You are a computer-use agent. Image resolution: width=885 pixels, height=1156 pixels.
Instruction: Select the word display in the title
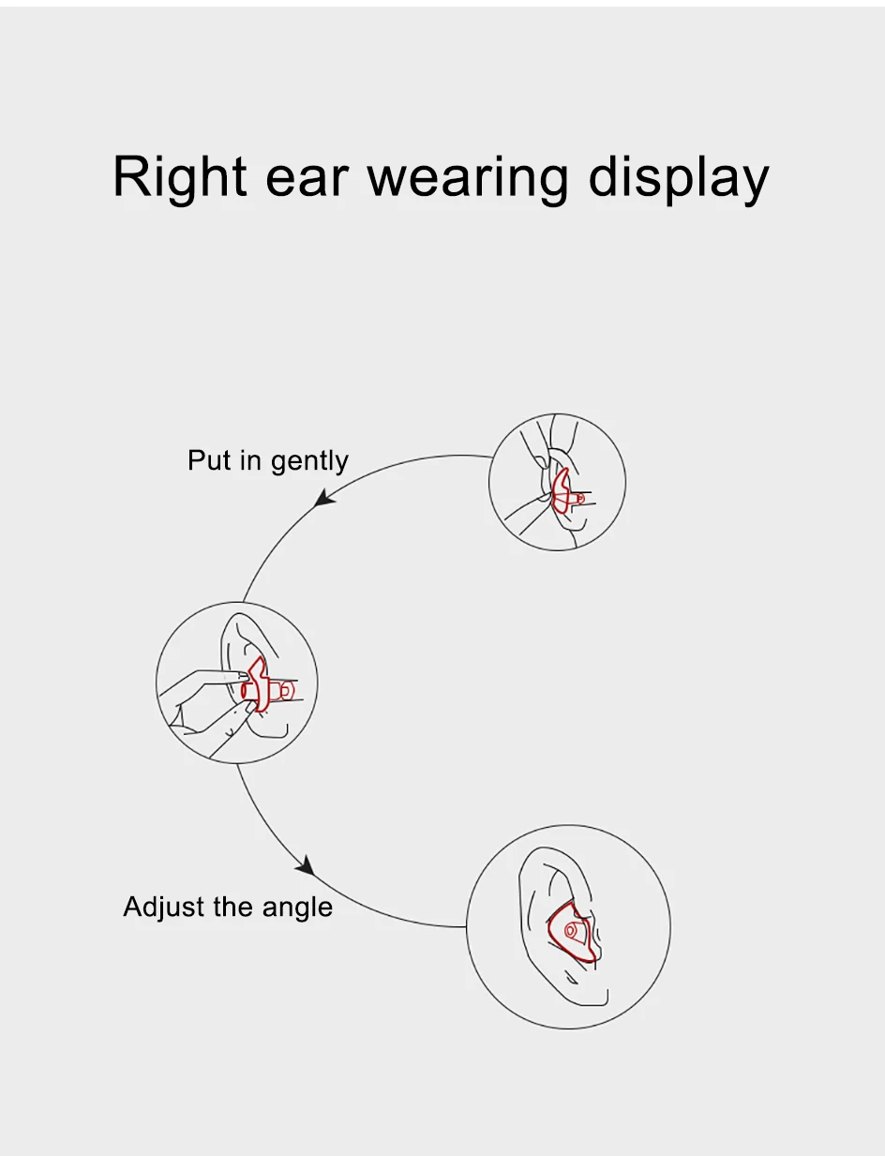[678, 175]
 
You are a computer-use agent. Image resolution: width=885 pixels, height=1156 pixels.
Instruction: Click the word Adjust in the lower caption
[158, 907]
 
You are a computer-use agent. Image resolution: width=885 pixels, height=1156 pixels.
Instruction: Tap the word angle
[297, 908]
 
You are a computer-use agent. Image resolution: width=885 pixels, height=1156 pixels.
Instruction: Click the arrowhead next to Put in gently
[325, 497]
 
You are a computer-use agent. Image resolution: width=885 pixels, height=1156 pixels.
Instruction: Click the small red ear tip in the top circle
[580, 499]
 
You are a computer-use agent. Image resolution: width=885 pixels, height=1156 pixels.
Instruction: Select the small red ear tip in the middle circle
[286, 690]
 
